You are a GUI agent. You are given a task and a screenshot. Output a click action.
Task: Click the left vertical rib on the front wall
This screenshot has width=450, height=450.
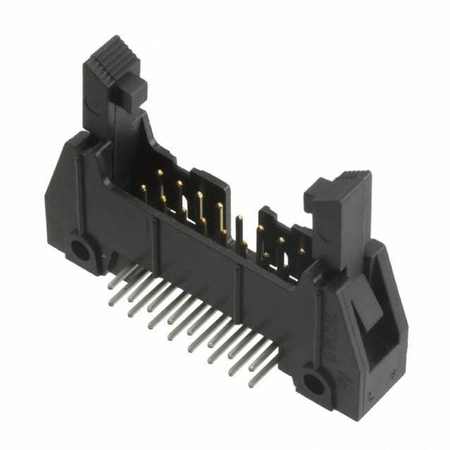(154, 236)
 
